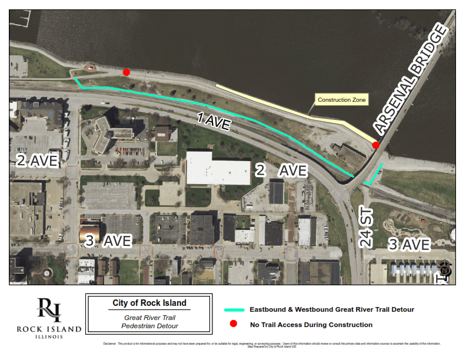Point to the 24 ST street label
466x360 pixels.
367,227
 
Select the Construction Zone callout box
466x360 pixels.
342,100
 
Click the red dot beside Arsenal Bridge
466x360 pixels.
376,145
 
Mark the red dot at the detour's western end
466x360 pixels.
127,72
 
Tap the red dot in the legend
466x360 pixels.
233,324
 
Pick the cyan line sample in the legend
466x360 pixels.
234,309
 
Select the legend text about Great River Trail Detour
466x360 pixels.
332,309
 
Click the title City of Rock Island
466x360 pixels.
149,304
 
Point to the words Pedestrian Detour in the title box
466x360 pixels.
149,326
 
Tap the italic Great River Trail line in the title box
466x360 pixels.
149,318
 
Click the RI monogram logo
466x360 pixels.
49,310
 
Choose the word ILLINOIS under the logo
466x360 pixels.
49,337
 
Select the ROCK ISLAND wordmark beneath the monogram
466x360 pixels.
49,329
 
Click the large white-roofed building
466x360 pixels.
218,168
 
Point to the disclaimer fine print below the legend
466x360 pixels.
271,344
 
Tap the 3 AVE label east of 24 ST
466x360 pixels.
409,244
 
